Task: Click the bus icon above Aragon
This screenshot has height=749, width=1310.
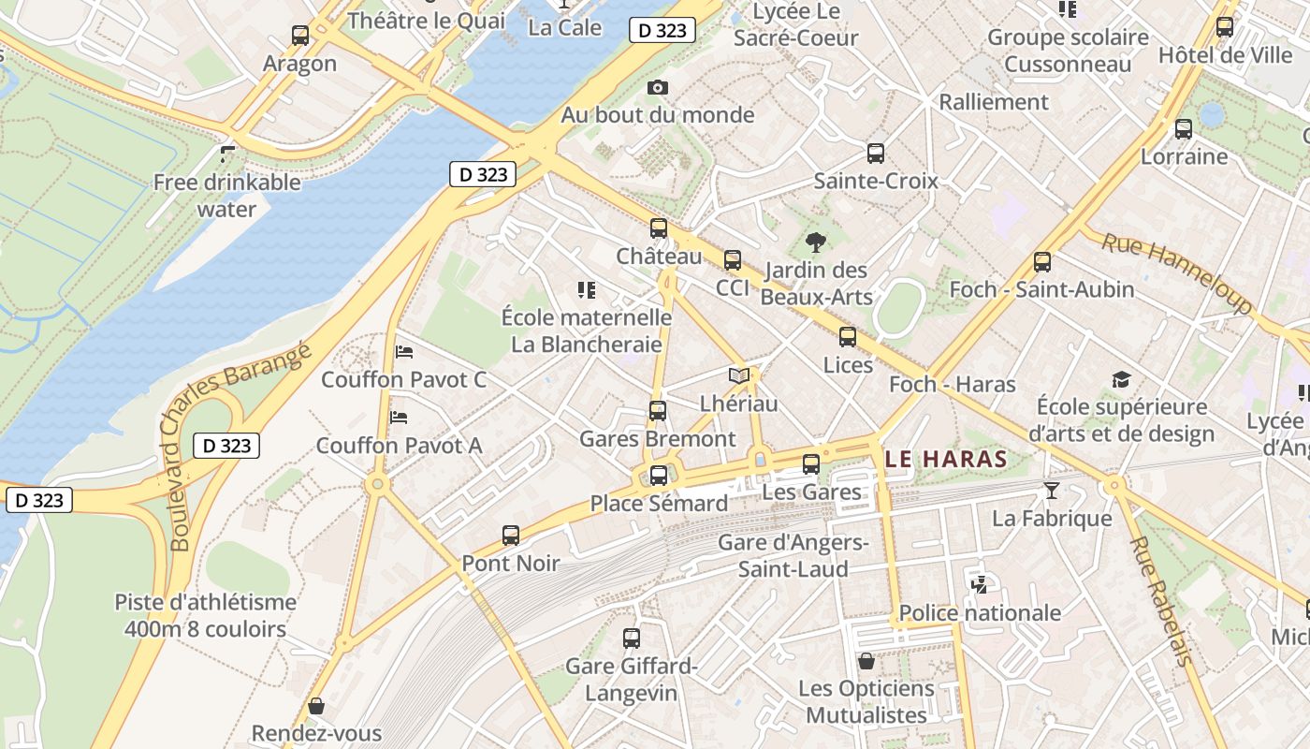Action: tap(299, 36)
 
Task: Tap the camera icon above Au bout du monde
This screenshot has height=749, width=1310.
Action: tap(658, 87)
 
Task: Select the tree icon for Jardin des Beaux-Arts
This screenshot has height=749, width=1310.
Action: tap(816, 242)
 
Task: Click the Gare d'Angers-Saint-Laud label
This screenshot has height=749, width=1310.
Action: tap(793, 556)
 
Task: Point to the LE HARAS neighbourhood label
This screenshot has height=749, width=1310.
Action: tap(946, 460)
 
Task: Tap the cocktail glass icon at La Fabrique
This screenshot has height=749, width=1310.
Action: tap(1052, 490)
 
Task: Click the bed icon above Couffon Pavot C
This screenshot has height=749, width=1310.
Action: tap(404, 352)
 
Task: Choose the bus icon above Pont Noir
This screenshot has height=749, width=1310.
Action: tap(510, 536)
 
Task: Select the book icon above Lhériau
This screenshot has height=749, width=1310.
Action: tap(739, 375)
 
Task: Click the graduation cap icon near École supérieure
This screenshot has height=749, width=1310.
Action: tap(1121, 379)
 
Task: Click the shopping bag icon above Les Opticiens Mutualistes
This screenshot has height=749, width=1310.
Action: tap(866, 661)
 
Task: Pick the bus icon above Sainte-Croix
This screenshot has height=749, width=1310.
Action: tap(876, 154)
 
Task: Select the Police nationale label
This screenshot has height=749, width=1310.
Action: tap(980, 613)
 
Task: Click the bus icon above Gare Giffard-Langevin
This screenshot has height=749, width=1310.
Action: tap(632, 639)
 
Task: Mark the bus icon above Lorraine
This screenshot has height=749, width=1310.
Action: tap(1184, 129)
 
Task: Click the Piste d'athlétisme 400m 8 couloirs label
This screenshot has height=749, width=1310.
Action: tap(205, 615)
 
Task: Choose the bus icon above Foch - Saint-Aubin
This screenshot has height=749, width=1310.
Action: tap(1042, 262)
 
